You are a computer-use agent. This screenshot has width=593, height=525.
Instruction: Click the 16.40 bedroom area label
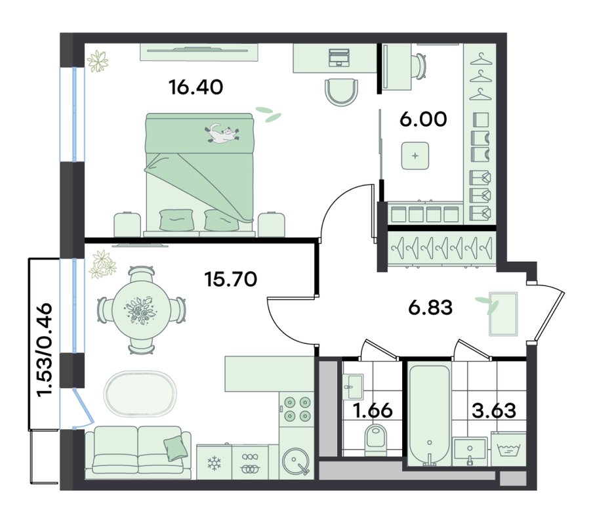click(x=195, y=87)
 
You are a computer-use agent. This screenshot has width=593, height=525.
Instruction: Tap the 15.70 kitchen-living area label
click(x=230, y=280)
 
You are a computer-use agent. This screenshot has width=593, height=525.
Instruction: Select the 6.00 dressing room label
click(x=423, y=119)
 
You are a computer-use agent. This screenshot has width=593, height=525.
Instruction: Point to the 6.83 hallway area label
click(x=430, y=308)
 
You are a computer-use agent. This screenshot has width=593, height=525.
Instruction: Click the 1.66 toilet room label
click(x=373, y=410)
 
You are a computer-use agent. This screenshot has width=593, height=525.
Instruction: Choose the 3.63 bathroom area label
click(x=494, y=410)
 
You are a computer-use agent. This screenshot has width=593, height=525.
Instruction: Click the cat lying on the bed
click(x=222, y=133)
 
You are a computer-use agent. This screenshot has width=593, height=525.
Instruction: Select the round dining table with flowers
click(x=140, y=309)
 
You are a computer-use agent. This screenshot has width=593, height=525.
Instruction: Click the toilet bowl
click(x=376, y=440)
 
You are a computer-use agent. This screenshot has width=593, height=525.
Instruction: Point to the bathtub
click(x=429, y=415)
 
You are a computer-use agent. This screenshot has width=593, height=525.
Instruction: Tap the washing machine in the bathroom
click(x=508, y=449)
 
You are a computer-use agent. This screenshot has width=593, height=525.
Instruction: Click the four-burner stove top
click(x=297, y=409)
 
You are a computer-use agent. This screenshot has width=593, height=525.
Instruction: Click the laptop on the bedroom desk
click(x=339, y=57)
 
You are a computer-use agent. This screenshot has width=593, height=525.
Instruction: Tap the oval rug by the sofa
click(x=140, y=394)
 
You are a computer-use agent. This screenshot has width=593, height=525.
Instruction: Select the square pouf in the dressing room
click(x=415, y=156)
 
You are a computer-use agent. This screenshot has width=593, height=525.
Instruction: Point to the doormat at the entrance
click(x=503, y=314)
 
